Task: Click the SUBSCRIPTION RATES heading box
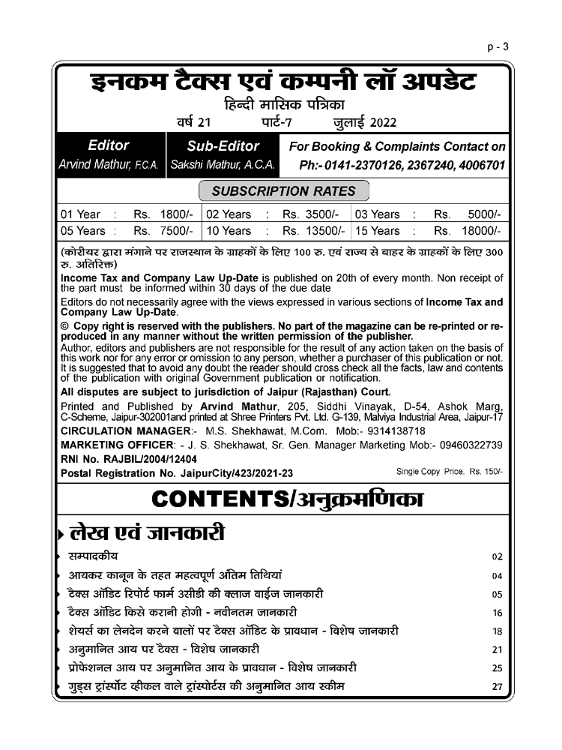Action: coord(285,190)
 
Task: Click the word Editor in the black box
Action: coord(109,145)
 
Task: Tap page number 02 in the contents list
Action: coord(496,557)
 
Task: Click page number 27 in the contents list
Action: coord(496,686)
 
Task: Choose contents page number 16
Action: coord(496,613)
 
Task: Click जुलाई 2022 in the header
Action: coord(366,122)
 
